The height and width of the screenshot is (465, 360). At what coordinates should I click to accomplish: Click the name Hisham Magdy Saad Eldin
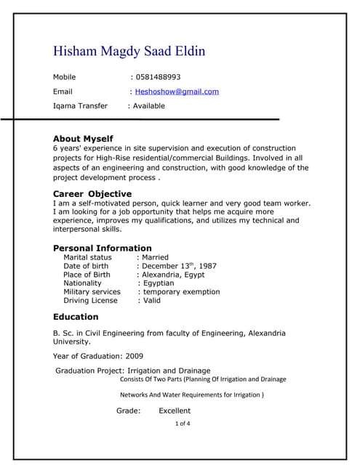click(129, 52)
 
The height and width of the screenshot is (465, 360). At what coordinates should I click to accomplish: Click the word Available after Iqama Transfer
click(148, 106)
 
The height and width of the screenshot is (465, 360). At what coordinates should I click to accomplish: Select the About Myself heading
click(83, 139)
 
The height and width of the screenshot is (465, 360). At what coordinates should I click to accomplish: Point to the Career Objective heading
click(92, 194)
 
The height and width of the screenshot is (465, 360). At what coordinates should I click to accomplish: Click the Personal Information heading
click(103, 248)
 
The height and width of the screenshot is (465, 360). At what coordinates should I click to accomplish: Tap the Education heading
click(76, 317)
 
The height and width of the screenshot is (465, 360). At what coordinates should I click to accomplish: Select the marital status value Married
click(155, 257)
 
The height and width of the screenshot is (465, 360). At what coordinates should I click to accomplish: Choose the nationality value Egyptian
click(160, 283)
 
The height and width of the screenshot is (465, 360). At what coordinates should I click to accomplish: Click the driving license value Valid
click(151, 301)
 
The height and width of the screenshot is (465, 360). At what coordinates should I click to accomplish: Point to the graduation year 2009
click(134, 356)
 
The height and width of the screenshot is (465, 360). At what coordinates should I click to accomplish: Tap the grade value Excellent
click(175, 411)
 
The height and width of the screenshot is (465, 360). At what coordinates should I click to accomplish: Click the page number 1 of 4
click(183, 423)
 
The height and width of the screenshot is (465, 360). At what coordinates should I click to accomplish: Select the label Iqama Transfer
click(80, 106)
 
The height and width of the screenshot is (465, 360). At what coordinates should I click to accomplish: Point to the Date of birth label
click(86, 266)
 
